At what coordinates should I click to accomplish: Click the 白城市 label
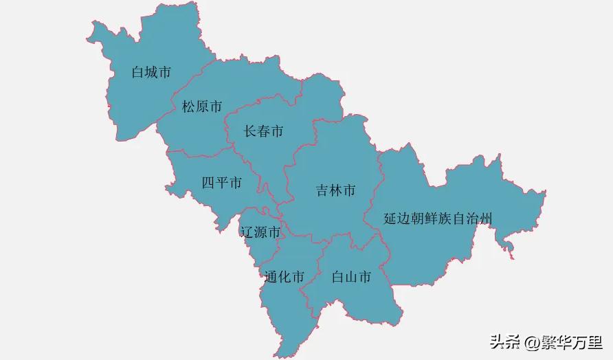[151, 72]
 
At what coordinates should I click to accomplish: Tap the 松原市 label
[202, 106]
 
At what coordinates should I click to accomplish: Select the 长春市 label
[263, 131]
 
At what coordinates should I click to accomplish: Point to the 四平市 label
[221, 183]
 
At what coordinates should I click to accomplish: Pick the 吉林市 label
[335, 190]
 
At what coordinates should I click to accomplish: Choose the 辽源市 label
[260, 232]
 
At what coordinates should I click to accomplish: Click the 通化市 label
[285, 278]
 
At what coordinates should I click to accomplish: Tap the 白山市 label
[351, 277]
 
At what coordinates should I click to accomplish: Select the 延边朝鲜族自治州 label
[438, 218]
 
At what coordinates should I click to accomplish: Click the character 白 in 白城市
[137, 72]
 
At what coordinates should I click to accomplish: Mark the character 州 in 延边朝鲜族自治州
[487, 218]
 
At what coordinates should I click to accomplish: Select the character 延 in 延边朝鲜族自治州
[390, 218]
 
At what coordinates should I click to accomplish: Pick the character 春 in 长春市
[263, 131]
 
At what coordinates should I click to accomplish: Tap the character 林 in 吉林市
[335, 190]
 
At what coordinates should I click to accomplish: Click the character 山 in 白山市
[351, 277]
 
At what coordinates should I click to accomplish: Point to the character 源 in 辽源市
[260, 232]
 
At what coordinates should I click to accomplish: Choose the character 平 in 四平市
[221, 183]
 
